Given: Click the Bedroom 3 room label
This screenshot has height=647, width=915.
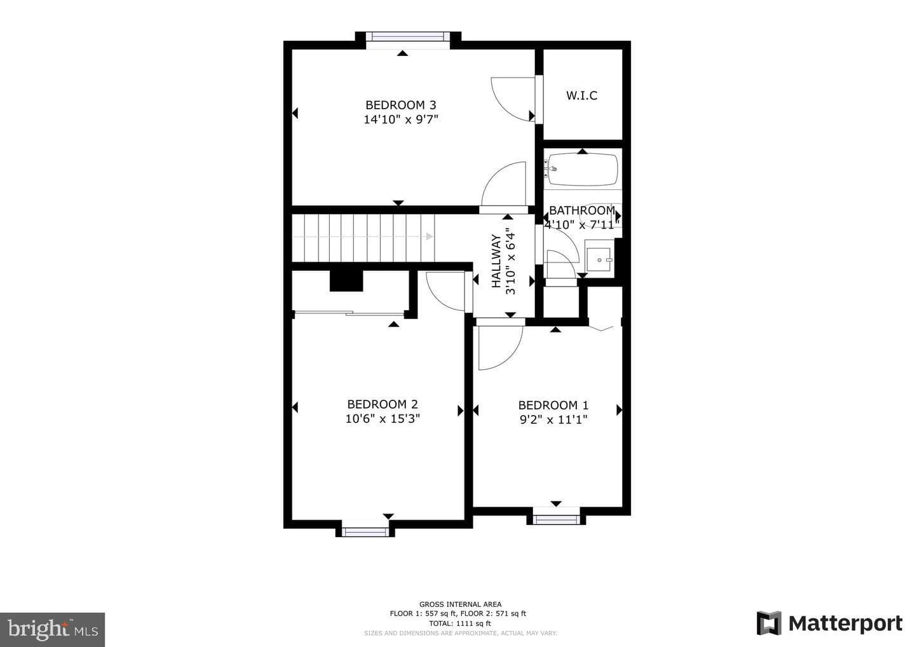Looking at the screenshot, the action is [x=401, y=105].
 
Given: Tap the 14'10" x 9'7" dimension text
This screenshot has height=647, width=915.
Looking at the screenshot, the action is [x=401, y=119].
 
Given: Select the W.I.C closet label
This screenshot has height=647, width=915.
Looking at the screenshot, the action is [x=581, y=95].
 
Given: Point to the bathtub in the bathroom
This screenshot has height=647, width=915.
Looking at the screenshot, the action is [x=583, y=170].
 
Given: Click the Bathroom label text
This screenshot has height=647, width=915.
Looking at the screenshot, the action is [x=581, y=210].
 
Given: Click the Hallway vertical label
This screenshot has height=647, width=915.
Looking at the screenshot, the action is [x=496, y=261].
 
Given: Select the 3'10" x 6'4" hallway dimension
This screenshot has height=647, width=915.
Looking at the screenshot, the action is [x=511, y=263].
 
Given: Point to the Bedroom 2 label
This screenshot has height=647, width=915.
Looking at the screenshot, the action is [x=383, y=404].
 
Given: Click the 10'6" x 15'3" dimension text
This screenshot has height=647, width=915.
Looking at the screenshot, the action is [x=383, y=419].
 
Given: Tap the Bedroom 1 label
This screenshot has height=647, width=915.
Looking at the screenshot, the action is [x=553, y=405].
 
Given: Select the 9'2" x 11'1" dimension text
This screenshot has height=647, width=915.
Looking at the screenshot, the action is [x=553, y=419].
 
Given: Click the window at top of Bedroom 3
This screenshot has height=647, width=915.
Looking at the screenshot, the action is [x=408, y=37].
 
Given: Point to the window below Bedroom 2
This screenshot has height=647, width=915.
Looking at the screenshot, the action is [x=365, y=531].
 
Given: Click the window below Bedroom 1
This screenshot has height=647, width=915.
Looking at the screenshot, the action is [x=557, y=519].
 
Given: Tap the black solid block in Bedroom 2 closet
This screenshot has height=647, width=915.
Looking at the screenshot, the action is [x=346, y=281].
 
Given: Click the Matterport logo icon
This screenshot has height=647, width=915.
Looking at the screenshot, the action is [x=769, y=623].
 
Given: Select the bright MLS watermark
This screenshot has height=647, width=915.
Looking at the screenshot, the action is [x=52, y=629].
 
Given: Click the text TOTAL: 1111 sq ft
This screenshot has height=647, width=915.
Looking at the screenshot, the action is [x=460, y=623].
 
